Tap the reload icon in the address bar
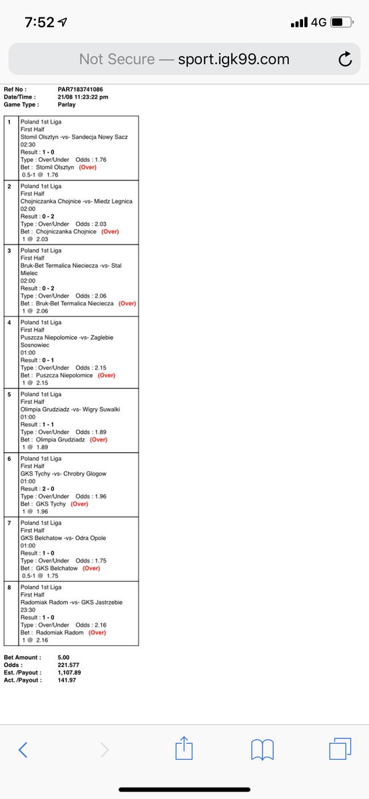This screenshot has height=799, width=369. coord(345,59)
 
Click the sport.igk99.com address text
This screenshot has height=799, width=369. coord(234,59)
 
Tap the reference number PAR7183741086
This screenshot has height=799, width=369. coord(81,89)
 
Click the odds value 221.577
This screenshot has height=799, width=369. coord(70,665)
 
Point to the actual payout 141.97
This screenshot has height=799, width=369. coord(68,680)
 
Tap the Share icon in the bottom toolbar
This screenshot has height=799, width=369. coord(183,749)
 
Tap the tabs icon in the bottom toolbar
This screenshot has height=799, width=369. coord(340,749)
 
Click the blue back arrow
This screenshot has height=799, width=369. coord(23,750)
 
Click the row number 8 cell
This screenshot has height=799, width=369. coord(10,587)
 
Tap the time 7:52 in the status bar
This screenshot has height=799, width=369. coord(40,22)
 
